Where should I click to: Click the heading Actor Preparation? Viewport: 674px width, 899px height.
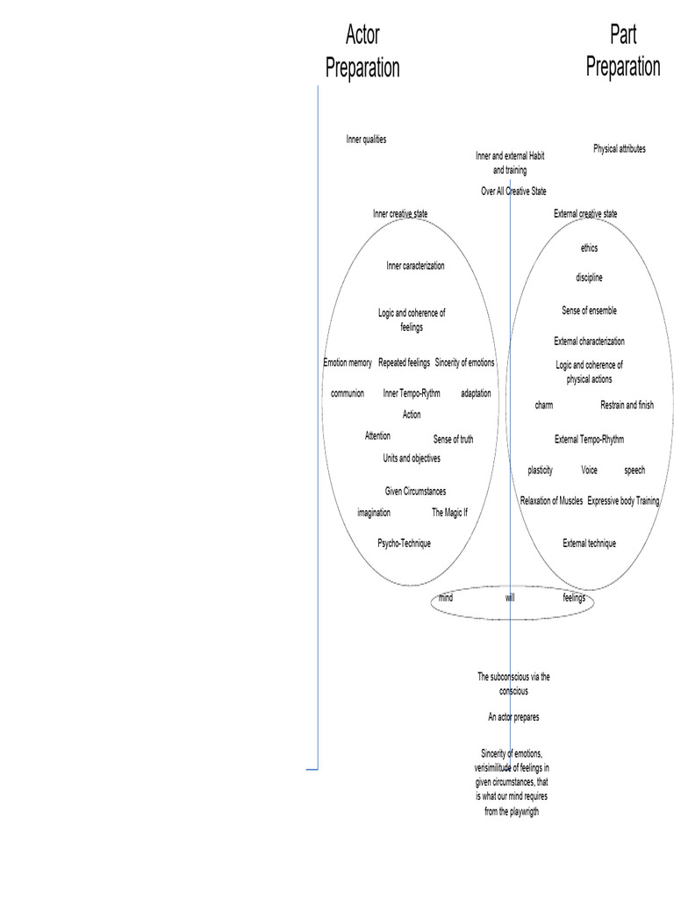coord(362,52)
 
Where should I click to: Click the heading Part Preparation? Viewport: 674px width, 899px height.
coord(622,51)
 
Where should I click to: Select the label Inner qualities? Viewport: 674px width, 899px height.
coord(366,140)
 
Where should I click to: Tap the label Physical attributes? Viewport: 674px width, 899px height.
coord(619,149)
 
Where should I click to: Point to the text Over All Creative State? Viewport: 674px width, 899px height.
coord(513,191)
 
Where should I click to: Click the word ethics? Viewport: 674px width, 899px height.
coord(589,248)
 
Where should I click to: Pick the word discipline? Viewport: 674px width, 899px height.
coord(589,278)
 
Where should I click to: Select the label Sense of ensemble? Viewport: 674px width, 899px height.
coord(589,311)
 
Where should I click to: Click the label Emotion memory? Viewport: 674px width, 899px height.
coord(348,363)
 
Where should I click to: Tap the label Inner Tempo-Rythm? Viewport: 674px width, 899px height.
coord(412,393)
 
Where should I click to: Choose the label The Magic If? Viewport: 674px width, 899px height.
coord(449,513)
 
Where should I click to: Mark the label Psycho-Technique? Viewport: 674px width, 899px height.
coord(404,543)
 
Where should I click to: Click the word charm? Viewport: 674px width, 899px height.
coord(544,406)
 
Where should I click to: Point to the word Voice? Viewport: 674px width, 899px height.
coord(589,471)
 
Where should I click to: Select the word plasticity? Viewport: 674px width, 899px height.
coord(540,471)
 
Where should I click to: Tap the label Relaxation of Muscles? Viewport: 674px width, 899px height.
coord(551,501)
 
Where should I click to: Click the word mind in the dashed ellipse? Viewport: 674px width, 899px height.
coord(446,598)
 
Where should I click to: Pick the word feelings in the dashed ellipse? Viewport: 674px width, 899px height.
coord(574,598)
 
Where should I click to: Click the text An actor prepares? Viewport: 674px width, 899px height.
coord(513,717)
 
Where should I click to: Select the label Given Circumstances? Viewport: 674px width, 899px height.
coord(415,492)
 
